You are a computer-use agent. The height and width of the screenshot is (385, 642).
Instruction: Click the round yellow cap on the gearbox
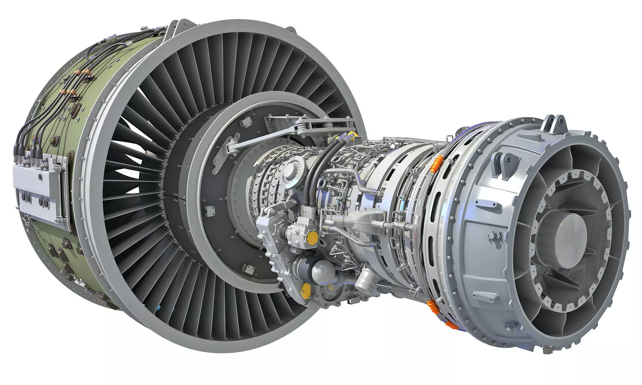pos(312,237)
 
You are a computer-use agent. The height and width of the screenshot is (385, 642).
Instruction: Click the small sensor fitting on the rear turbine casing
pos(491,236)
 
